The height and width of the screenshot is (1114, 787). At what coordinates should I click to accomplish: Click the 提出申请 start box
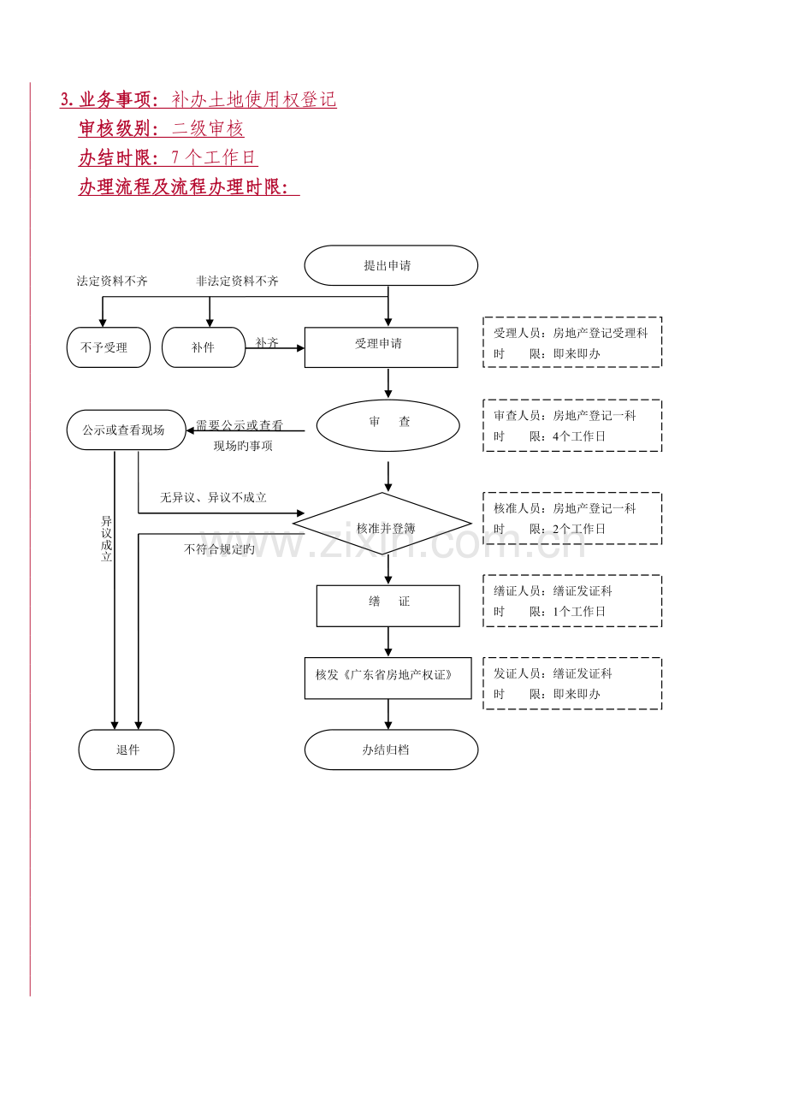click(391, 265)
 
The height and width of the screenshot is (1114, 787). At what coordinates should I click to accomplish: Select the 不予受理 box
click(109, 347)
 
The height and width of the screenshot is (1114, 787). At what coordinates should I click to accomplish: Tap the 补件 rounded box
click(204, 347)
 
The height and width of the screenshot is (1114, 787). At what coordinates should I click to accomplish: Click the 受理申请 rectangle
click(381, 347)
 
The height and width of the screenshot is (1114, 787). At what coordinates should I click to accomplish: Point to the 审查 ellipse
click(388, 425)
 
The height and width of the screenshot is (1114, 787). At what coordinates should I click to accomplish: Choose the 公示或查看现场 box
click(127, 430)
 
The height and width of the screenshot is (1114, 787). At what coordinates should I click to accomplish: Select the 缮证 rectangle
click(388, 606)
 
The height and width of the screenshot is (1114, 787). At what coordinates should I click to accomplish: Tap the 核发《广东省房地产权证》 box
click(388, 678)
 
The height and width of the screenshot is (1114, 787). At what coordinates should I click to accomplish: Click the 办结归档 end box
click(391, 750)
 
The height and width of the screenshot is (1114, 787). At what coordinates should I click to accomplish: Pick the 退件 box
click(127, 750)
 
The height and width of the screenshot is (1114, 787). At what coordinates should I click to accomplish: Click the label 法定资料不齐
click(112, 281)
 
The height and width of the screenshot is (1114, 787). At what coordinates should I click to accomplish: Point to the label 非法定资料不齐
click(237, 281)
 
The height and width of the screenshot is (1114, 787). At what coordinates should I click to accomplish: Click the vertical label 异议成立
click(106, 538)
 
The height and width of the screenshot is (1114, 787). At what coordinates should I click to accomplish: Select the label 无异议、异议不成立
click(213, 497)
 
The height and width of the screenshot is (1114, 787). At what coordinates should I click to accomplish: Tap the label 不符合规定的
click(219, 549)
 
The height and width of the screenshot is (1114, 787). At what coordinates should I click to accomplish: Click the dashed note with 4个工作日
click(572, 425)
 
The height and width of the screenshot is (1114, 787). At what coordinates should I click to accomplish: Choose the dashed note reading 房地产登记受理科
click(572, 342)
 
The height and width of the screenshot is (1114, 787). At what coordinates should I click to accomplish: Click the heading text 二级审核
click(207, 128)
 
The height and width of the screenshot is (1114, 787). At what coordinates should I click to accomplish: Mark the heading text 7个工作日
click(213, 157)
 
